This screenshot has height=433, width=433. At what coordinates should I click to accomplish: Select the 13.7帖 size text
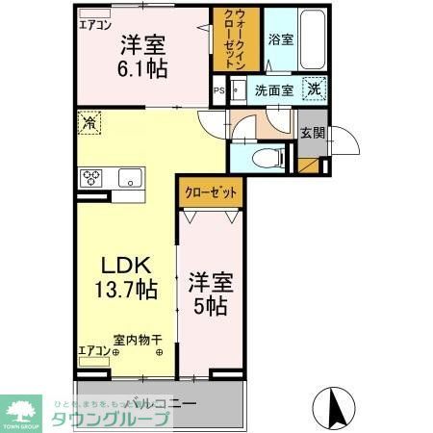[x=126, y=288]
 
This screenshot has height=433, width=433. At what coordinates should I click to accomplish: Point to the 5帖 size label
[x=211, y=307]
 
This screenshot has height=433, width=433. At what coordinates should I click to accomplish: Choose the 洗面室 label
[x=272, y=90]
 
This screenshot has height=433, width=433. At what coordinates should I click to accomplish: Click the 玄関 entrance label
[x=312, y=134]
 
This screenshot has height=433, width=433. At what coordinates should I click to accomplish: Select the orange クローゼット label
[x=211, y=192]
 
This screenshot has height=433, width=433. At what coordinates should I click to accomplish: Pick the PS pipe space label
[x=217, y=91]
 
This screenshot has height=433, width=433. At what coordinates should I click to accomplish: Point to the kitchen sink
[x=130, y=177]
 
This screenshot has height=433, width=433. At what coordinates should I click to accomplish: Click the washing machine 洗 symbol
[x=314, y=89]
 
